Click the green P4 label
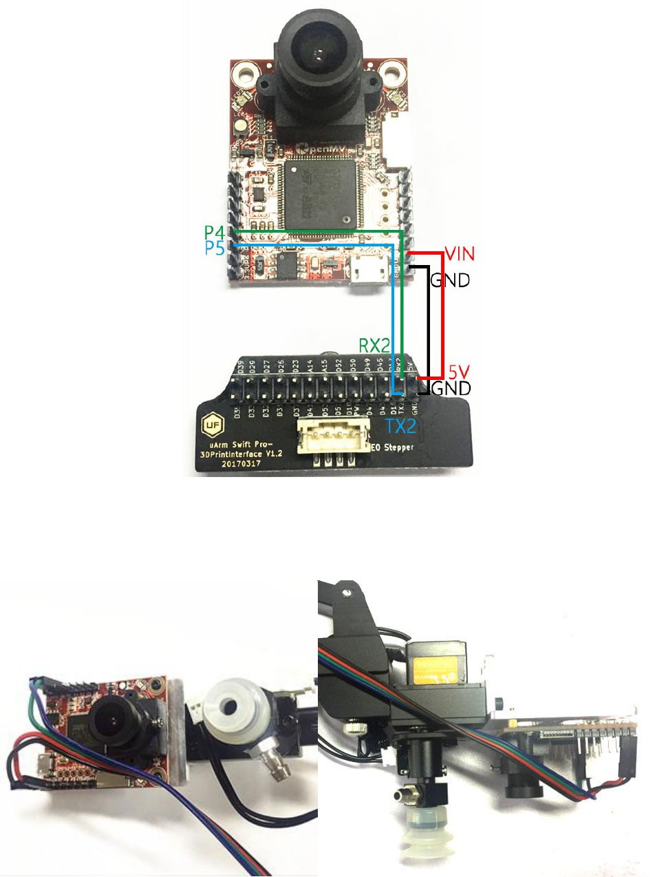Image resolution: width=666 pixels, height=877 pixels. [x=215, y=233]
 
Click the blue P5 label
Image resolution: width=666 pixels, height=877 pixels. [x=215, y=248]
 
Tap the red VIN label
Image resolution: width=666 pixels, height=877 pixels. [x=460, y=254]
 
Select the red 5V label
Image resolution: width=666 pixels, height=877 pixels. [x=458, y=372]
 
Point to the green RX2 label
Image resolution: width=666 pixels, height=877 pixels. [x=374, y=346]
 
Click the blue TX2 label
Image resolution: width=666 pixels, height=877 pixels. [x=400, y=426]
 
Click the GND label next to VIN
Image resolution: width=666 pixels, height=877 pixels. [x=450, y=280]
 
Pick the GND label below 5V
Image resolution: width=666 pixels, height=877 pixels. [x=451, y=388]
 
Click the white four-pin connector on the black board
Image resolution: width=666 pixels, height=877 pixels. [x=332, y=438]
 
